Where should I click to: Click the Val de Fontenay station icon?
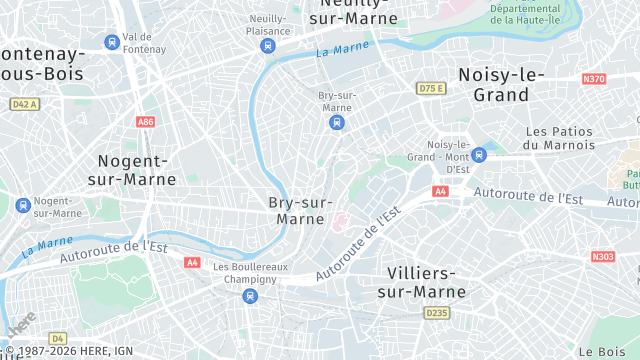point(111,42)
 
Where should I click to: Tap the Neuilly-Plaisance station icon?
point(267,46)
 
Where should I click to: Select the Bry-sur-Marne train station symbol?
point(337,123)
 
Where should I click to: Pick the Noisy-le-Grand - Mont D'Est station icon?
point(479,154)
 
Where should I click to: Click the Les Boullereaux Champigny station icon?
point(235,295)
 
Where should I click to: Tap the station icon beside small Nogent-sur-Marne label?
point(22,206)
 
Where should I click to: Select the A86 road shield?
point(146,121)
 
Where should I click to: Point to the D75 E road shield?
point(430,89)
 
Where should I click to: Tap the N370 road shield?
point(594,78)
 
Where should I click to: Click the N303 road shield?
point(602,257)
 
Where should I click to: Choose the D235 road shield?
point(437,313)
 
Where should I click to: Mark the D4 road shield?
point(57,338)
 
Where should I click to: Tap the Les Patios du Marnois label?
point(560,138)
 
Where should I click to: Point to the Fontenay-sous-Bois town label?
point(40,62)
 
